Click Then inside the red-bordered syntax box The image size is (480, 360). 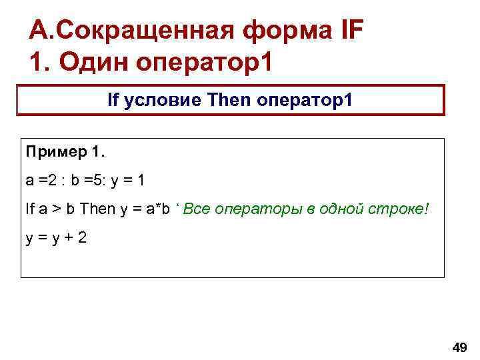(x=229, y=101)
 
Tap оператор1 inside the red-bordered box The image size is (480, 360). (x=305, y=101)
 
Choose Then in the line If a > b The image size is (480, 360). (x=97, y=209)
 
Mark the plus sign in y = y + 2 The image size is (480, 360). (x=63, y=237)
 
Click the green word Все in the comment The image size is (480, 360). (x=197, y=209)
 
